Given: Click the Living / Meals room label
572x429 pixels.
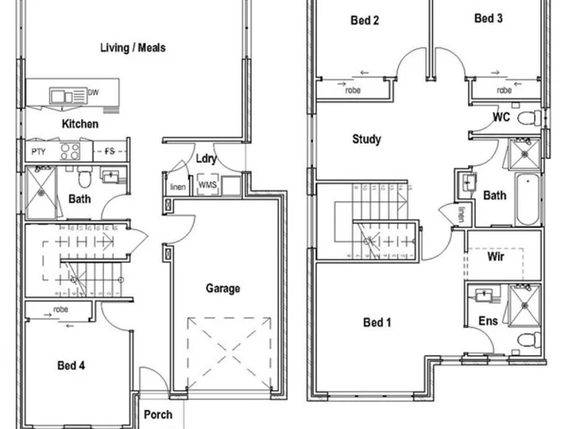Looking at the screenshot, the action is click(x=133, y=48).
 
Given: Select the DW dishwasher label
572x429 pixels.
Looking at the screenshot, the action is click(x=94, y=92).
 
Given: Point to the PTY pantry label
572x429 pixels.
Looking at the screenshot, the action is click(x=38, y=152).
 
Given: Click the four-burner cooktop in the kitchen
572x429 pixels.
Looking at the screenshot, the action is click(x=70, y=152).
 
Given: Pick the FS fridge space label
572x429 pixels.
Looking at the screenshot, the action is click(x=110, y=151).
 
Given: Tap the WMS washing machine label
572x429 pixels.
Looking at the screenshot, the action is click(x=207, y=184).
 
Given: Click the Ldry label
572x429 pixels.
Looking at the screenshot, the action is click(x=207, y=159).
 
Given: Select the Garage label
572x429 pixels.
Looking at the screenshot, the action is click(x=223, y=288).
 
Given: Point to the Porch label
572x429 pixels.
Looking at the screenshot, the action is click(x=158, y=415).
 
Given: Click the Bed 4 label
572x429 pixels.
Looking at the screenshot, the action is click(x=71, y=365).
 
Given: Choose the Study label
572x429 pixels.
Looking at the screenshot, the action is click(x=366, y=139).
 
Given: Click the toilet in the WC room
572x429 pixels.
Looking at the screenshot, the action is click(x=529, y=118).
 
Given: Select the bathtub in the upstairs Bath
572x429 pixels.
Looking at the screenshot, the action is click(x=528, y=199).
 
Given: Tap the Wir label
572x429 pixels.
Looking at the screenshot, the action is click(x=496, y=257).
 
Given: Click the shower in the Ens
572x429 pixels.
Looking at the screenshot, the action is click(x=524, y=306).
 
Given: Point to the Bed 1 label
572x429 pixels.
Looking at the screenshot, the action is click(x=377, y=322).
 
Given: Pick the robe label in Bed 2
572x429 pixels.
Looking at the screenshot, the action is click(x=353, y=90).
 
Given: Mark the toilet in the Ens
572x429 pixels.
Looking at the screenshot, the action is click(x=529, y=340).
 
